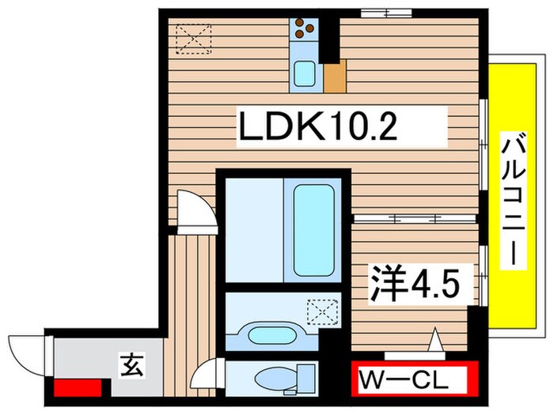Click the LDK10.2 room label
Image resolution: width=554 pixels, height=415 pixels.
338,127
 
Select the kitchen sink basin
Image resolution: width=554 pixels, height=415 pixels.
305,75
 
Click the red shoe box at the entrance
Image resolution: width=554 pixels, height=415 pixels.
77,388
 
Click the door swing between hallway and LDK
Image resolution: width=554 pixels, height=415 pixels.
194,210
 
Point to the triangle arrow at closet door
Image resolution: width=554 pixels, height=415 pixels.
434,341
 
